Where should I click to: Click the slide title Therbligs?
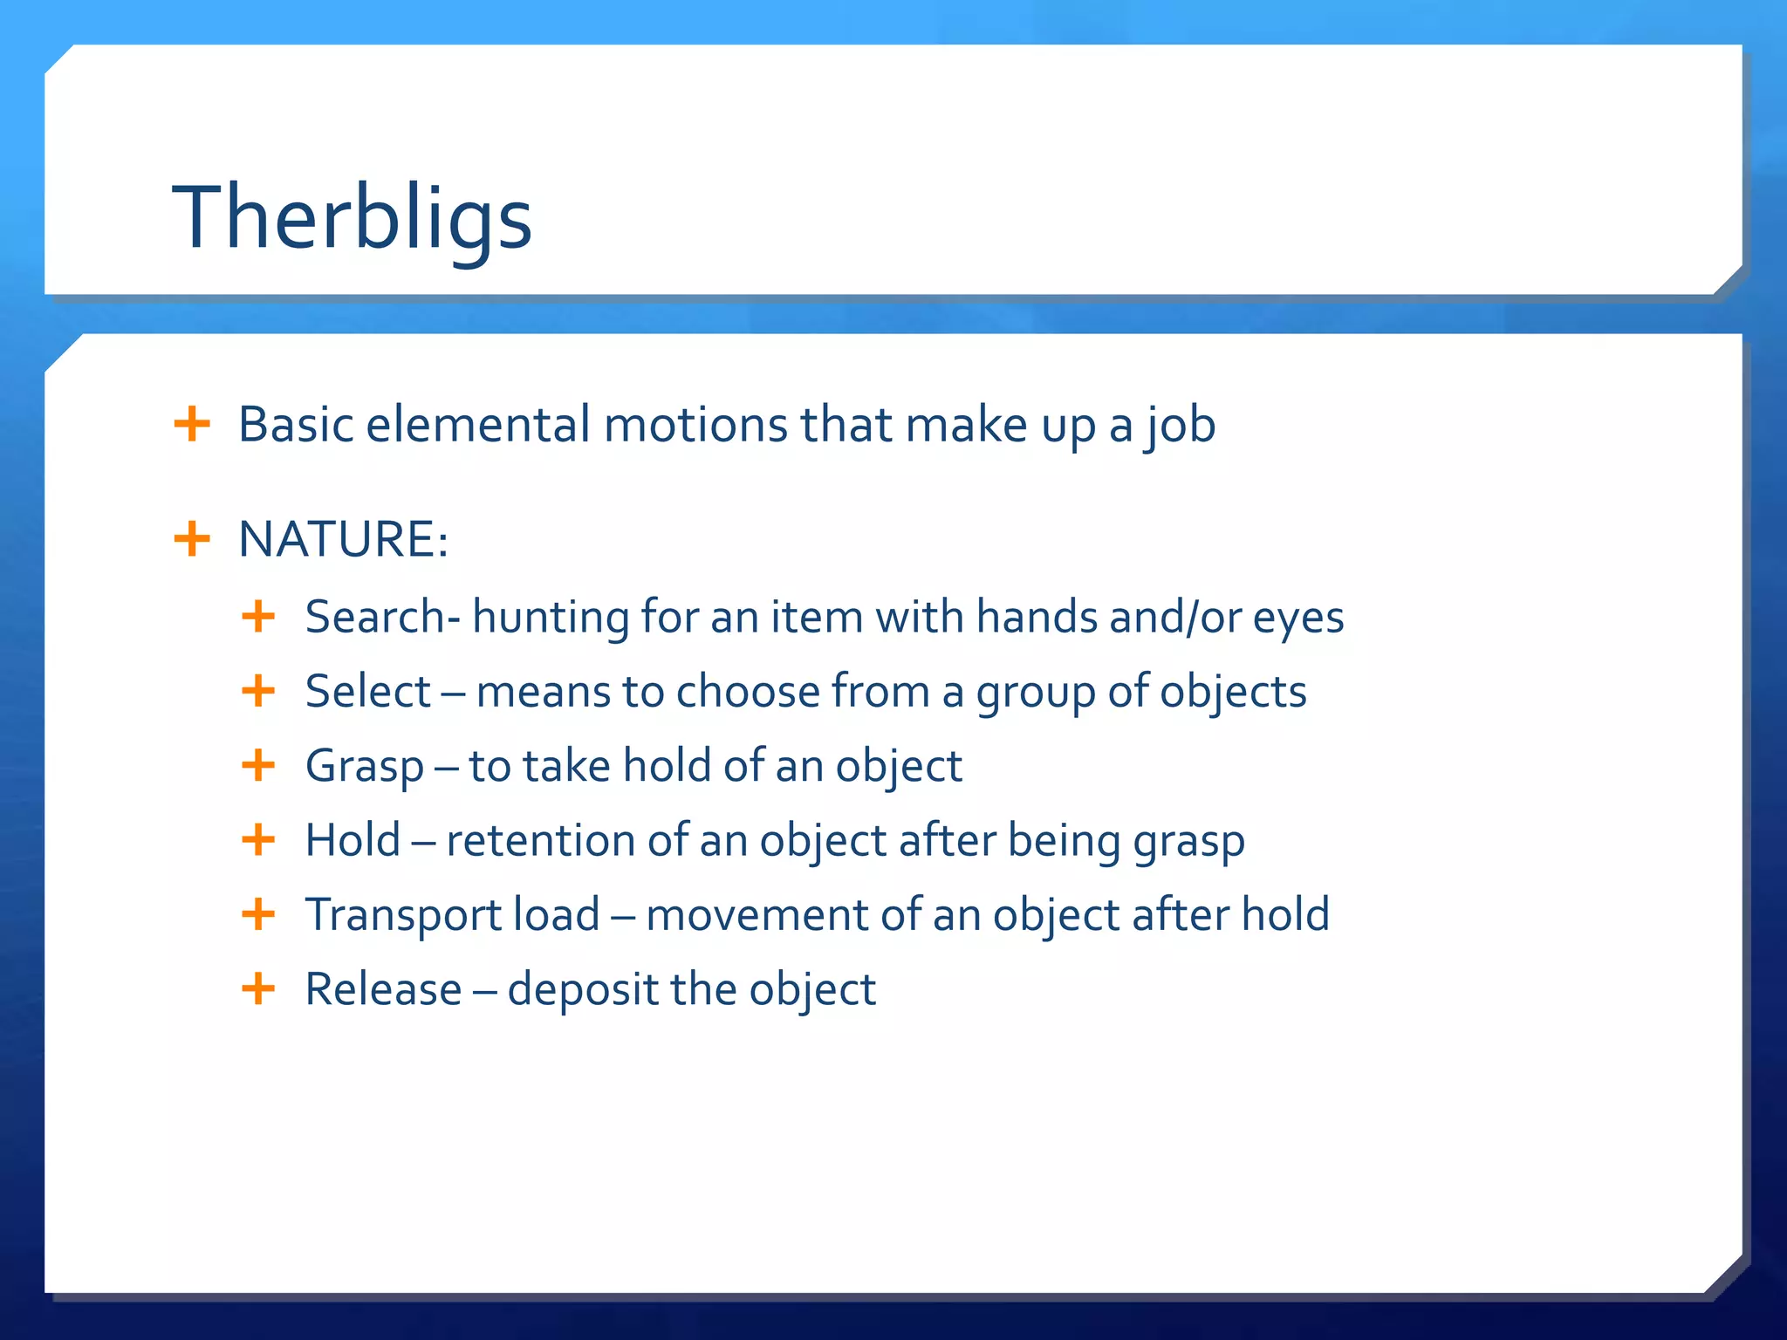click(352, 218)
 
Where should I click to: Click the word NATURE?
click(343, 539)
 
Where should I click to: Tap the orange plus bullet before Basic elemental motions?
click(192, 425)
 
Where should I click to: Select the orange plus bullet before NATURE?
click(192, 539)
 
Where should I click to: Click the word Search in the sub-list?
click(374, 617)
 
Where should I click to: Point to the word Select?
click(367, 692)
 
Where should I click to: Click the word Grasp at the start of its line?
click(364, 767)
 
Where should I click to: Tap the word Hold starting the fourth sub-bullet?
click(353, 841)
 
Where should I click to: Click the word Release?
click(383, 989)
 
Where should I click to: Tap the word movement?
click(757, 915)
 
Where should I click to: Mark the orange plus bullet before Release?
click(258, 989)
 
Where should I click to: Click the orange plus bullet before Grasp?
click(258, 766)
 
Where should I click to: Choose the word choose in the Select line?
click(748, 692)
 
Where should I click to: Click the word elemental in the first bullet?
click(477, 425)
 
